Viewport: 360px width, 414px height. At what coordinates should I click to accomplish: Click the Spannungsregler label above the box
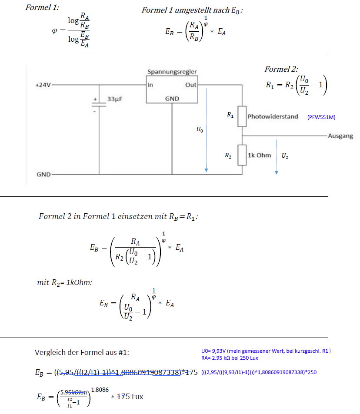(x=172, y=72)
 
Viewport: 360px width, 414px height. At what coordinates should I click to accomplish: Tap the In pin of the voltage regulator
(x=150, y=85)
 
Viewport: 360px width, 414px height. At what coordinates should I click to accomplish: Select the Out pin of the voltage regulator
(x=190, y=85)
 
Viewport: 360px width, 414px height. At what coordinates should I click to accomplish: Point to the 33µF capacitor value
(x=115, y=99)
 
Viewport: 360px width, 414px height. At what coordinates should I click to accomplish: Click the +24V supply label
(x=43, y=85)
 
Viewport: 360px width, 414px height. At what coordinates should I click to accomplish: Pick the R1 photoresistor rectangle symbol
(x=242, y=116)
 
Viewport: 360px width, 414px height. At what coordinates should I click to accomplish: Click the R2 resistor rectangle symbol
(x=242, y=155)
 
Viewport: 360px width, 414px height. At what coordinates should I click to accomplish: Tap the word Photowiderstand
(x=273, y=117)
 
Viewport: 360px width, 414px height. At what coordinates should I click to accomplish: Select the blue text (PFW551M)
(x=321, y=117)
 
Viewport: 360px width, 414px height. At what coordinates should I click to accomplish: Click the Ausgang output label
(x=340, y=136)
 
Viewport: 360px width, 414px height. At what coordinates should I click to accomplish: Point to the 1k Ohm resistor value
(x=259, y=155)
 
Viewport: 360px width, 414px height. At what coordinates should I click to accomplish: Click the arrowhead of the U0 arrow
(x=207, y=170)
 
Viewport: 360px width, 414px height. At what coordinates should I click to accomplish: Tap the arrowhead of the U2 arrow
(x=277, y=172)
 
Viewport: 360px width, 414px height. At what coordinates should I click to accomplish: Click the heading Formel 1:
(x=42, y=7)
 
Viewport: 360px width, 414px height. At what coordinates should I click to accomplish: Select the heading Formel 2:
(x=281, y=69)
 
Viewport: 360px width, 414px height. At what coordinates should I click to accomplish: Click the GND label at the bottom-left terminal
(x=43, y=175)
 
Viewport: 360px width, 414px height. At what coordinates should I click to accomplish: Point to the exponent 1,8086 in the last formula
(x=100, y=390)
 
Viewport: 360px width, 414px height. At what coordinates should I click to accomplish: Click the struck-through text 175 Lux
(x=130, y=397)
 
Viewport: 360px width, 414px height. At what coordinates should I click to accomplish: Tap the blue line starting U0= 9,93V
(x=266, y=351)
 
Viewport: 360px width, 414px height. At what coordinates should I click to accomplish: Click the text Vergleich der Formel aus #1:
(x=82, y=352)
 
